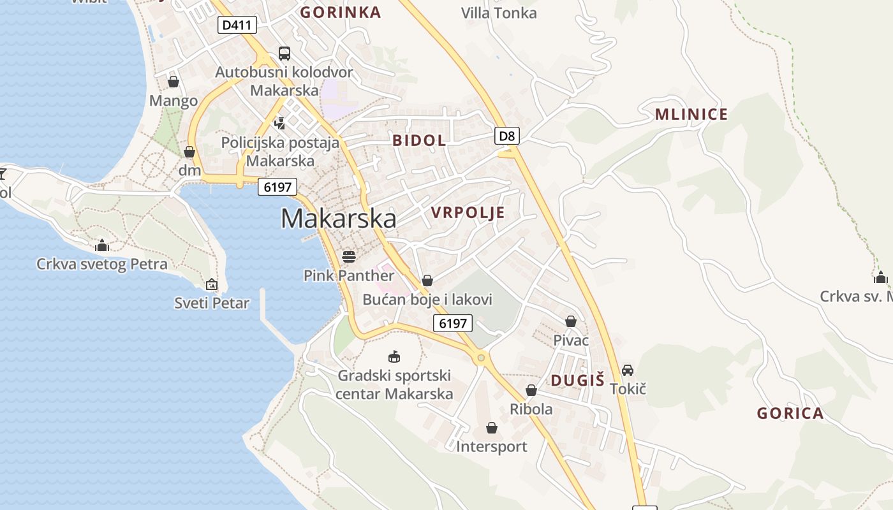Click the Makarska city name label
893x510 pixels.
pyautogui.click(x=338, y=219)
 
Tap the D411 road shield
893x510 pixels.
pyautogui.click(x=237, y=25)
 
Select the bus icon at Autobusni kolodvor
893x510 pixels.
pyautogui.click(x=284, y=54)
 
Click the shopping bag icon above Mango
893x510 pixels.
pyautogui.click(x=173, y=82)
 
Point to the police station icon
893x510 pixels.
pyautogui.click(x=279, y=122)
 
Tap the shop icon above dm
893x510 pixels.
pyautogui.click(x=189, y=152)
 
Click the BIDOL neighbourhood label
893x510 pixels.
pyautogui.click(x=419, y=141)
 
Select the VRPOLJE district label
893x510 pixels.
pyautogui.click(x=468, y=213)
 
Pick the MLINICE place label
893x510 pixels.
pyautogui.click(x=691, y=115)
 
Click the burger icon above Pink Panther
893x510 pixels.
pyautogui.click(x=348, y=256)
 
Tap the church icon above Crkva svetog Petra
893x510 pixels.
pyautogui.click(x=101, y=245)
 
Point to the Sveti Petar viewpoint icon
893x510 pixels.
pyautogui.click(x=212, y=284)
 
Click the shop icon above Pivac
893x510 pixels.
pyautogui.click(x=571, y=321)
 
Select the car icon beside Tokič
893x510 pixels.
pyautogui.click(x=628, y=370)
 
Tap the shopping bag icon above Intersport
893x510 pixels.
pyautogui.click(x=492, y=427)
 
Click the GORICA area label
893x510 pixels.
pyautogui.click(x=790, y=414)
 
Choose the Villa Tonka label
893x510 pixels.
pyautogui.click(x=499, y=13)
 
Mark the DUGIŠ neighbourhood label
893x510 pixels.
pyautogui.click(x=577, y=381)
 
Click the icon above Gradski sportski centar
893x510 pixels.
pyautogui.click(x=394, y=356)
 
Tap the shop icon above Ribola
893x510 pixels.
pyautogui.click(x=531, y=390)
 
